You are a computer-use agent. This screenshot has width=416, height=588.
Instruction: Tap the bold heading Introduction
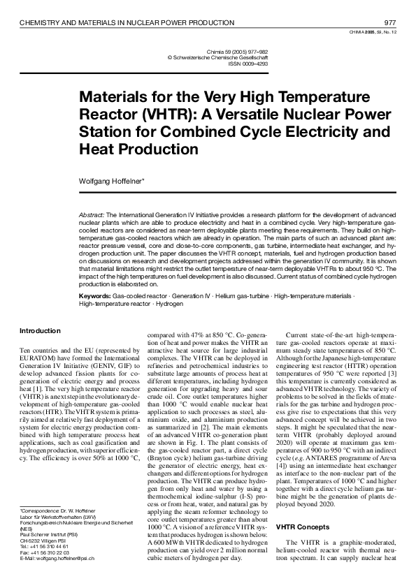click(x=41, y=331)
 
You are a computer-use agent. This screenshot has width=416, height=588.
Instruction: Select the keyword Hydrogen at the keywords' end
click(x=169, y=304)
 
